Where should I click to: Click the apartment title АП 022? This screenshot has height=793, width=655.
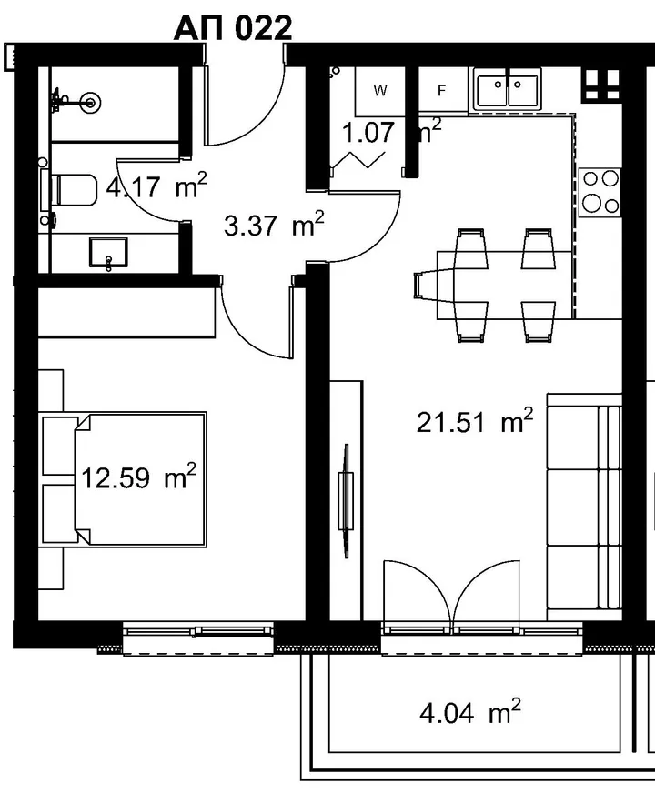233,28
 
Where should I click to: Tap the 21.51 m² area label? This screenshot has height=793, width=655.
475,421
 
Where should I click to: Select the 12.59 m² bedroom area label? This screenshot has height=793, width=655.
138,477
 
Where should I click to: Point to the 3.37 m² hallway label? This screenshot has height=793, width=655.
274,225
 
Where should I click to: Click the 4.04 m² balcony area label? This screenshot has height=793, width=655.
470,712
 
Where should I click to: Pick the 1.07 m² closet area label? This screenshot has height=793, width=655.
391,132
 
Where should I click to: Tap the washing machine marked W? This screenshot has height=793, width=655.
380,92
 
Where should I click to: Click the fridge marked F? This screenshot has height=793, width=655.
442,91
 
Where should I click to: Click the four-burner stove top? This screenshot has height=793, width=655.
600,192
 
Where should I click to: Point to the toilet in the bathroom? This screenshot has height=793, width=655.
68,190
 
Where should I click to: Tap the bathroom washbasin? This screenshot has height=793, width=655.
108,253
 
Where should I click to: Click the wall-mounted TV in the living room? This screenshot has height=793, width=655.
346,501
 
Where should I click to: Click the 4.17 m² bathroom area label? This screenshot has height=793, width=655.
156,187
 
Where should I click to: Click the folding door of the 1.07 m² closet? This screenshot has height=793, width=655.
358,160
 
